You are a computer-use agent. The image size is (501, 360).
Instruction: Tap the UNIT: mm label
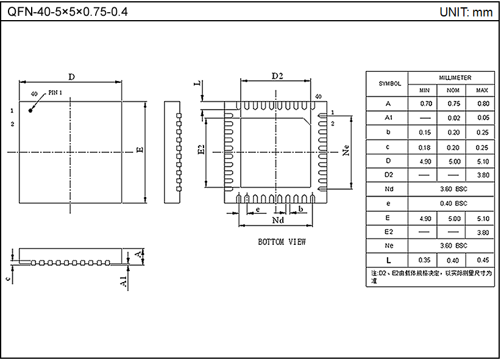tap(466, 12)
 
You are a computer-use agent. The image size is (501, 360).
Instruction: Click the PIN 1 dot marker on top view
tap(30, 110)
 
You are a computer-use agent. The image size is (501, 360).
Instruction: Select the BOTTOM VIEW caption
tap(282, 242)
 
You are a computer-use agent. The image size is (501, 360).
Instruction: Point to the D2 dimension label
tap(277, 76)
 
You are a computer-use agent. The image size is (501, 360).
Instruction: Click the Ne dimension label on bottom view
tap(346, 150)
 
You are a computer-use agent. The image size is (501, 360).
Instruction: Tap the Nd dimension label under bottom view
tap(278, 219)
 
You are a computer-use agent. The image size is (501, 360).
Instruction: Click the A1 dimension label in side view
tap(123, 281)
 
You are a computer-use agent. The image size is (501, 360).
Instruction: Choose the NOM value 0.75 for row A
tap(453, 104)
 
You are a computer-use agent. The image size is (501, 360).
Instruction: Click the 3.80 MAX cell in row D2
tap(483, 175)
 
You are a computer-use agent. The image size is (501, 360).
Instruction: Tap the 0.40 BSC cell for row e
tap(453, 203)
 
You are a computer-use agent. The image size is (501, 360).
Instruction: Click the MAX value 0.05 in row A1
tap(483, 118)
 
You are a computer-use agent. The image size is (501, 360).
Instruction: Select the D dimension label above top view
tap(71, 77)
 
